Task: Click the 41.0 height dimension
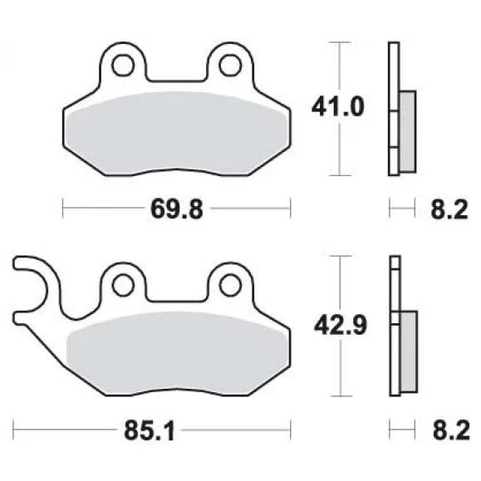pos(338,107)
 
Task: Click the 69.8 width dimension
pos(177,209)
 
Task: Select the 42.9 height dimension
pos(341,326)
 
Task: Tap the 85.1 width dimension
pos(150,430)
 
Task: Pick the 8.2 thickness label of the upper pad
pos(449,209)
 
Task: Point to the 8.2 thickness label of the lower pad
pos(451,430)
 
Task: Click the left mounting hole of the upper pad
pos(123,66)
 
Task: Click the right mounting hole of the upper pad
pos(230,66)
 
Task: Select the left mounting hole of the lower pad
pos(123,285)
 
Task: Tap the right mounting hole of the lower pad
pos(230,285)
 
